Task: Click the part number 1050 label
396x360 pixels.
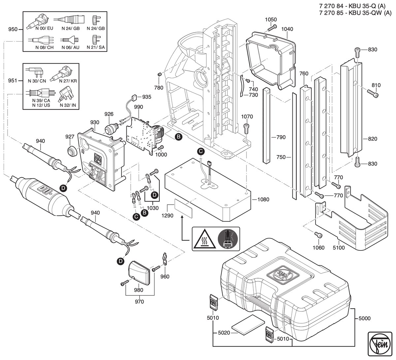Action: (271, 19)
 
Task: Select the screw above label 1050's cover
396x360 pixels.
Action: (272, 28)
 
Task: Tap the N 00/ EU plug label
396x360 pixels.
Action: (44, 28)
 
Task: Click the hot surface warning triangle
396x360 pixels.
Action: (205, 239)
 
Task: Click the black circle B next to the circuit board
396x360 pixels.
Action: (179, 137)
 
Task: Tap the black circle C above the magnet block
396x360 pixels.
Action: (201, 151)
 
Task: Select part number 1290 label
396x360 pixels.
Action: (167, 215)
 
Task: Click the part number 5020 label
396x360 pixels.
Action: (224, 333)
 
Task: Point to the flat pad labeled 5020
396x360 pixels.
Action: (248, 325)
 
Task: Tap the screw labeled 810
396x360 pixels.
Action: (373, 94)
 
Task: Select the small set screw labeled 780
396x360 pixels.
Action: (159, 75)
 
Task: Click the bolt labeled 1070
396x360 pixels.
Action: (247, 129)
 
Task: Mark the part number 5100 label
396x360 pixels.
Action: (339, 247)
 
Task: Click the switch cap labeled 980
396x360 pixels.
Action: (139, 273)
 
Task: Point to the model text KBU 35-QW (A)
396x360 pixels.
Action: (370, 13)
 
